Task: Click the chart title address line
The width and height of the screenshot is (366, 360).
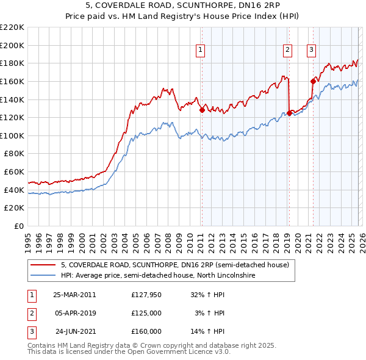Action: pos(182,6)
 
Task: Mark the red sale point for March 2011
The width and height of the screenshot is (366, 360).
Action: pos(202,110)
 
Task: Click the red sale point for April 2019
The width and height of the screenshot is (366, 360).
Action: pos(289,113)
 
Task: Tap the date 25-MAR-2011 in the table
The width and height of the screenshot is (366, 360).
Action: pos(74,295)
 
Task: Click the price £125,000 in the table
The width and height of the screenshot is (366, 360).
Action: pos(146,313)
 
